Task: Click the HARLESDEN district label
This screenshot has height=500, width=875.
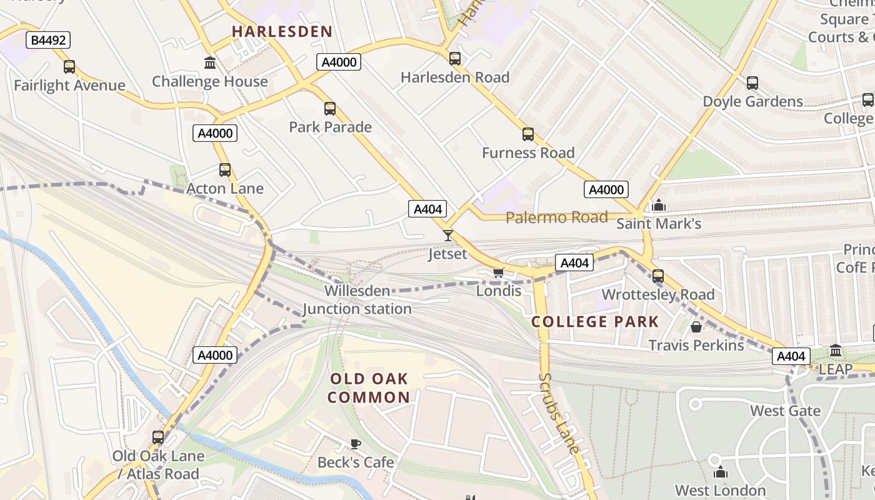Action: click(282, 31)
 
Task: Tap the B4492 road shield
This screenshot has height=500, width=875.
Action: click(48, 41)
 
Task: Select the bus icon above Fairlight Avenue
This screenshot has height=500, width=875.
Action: click(69, 67)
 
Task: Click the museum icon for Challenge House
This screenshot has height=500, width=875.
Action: click(210, 63)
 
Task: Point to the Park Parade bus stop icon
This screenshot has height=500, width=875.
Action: click(330, 109)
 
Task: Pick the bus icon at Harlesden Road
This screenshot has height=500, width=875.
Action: click(455, 59)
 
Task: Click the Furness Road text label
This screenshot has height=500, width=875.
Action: click(528, 152)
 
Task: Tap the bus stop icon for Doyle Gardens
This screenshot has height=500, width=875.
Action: click(752, 83)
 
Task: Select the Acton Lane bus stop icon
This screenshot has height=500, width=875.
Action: click(225, 170)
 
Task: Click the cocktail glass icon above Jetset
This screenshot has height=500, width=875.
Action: click(447, 236)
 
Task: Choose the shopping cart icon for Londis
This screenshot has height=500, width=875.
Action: click(498, 272)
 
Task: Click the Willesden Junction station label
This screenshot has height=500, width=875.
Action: click(357, 300)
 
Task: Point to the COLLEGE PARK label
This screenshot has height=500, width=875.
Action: click(595, 322)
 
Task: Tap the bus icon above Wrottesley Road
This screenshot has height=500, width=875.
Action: click(658, 276)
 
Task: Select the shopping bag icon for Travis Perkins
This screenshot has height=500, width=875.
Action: click(696, 327)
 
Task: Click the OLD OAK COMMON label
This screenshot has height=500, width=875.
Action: click(369, 388)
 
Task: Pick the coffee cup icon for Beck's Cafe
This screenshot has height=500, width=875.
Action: click(356, 444)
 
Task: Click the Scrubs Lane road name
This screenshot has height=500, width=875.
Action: click(559, 412)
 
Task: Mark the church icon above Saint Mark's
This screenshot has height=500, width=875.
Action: click(659, 206)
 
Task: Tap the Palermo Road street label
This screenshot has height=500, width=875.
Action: click(556, 217)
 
